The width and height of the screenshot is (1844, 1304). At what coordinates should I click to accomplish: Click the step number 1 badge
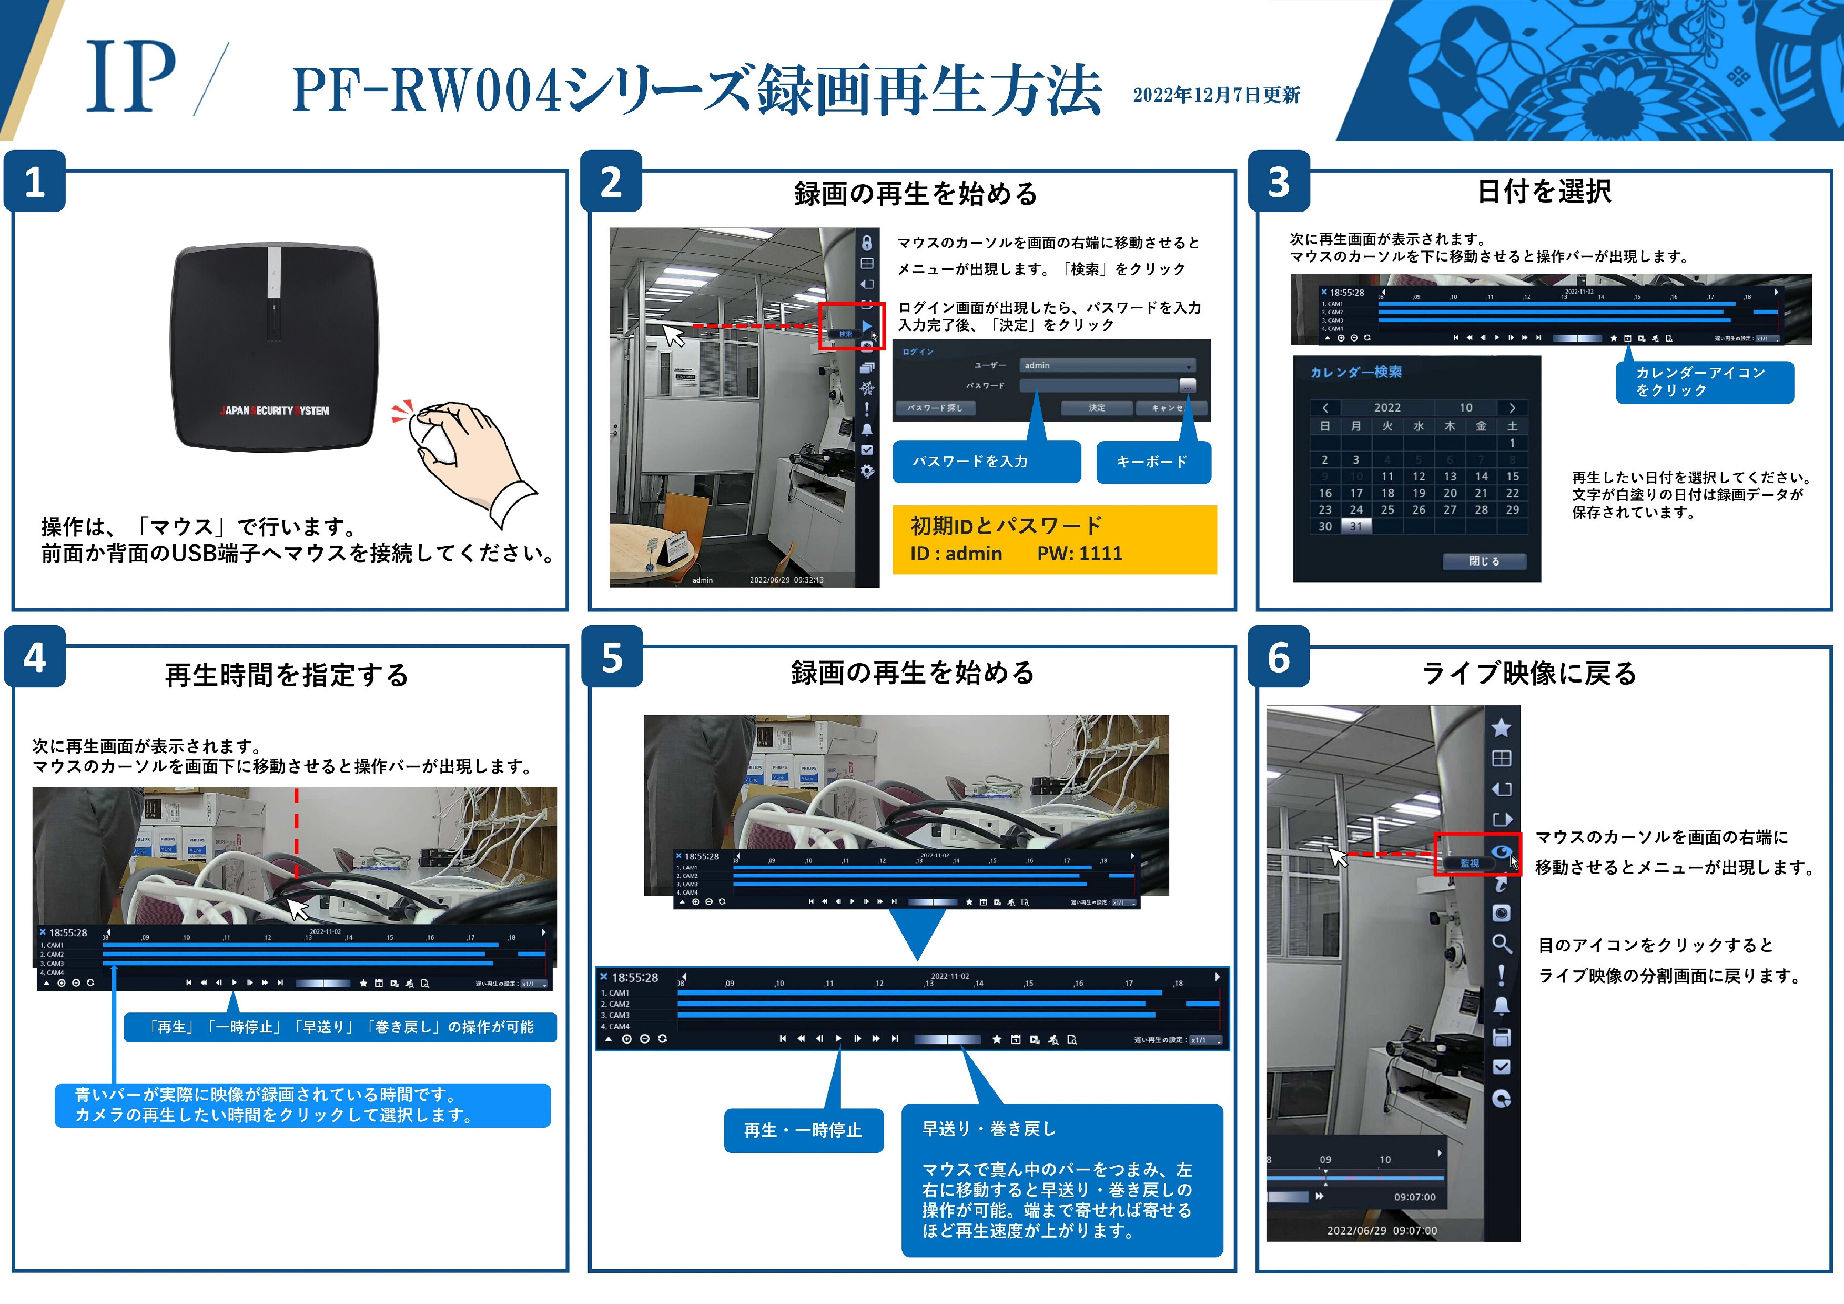(x=35, y=183)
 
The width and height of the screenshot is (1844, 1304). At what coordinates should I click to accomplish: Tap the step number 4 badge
(x=35, y=658)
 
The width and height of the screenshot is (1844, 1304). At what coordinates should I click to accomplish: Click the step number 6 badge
(x=1279, y=657)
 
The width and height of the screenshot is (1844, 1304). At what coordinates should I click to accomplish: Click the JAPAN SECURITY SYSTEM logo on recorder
(x=275, y=410)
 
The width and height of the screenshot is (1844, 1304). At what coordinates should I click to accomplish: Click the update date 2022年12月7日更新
(x=1216, y=95)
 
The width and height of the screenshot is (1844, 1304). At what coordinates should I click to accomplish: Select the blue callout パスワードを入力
(x=986, y=461)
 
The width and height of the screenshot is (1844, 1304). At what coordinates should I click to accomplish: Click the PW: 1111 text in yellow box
(x=1079, y=554)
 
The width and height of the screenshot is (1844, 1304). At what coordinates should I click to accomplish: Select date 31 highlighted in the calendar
(x=1356, y=526)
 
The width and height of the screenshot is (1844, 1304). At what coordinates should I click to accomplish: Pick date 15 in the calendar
(x=1512, y=476)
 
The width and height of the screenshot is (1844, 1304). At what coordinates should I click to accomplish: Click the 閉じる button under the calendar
(x=1483, y=561)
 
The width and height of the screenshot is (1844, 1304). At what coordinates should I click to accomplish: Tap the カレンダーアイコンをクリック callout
(x=1704, y=382)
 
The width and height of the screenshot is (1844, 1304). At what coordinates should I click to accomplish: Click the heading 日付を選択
(x=1544, y=191)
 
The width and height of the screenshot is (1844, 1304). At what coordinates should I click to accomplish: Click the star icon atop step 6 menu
(x=1501, y=728)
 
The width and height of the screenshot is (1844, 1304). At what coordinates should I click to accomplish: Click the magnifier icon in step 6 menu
(x=1501, y=943)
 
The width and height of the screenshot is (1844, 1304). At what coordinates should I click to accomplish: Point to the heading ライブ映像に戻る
(x=1529, y=673)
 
